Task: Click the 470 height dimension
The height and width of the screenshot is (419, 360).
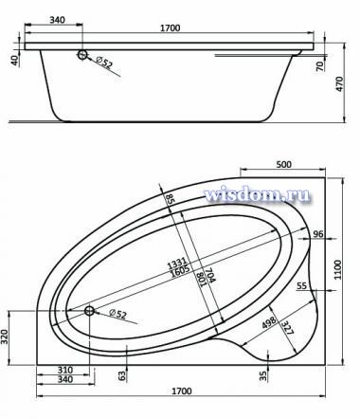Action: point(339,84)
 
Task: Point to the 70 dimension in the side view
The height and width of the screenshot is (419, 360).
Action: point(319,66)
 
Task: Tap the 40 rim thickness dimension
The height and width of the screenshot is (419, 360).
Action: point(14,60)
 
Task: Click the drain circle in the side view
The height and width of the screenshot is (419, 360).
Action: point(82,55)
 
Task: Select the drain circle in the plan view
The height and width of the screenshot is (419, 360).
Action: point(89,311)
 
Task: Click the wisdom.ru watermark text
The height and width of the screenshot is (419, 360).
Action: point(257,194)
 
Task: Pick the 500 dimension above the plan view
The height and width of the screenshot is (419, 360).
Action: point(283,165)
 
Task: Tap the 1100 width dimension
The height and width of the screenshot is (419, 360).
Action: point(337,269)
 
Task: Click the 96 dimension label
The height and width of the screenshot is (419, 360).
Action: point(318,234)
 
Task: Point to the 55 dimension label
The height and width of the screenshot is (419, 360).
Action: point(302,285)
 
